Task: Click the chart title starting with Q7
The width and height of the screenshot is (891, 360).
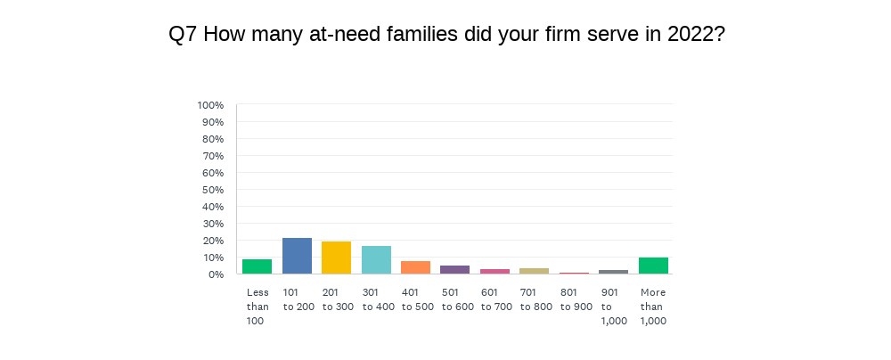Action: (x=445, y=35)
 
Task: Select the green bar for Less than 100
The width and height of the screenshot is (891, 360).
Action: (x=257, y=266)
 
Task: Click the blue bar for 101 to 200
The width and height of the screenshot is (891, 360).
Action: (x=297, y=256)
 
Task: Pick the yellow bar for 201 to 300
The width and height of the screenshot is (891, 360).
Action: (x=337, y=258)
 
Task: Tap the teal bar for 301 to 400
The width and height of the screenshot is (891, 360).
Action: (x=376, y=259)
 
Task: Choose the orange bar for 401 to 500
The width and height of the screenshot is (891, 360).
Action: (x=416, y=267)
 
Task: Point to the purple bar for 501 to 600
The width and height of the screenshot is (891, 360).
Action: (x=455, y=269)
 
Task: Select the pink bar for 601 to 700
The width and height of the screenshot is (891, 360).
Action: (x=495, y=271)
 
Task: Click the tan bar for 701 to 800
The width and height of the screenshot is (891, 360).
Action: (x=535, y=271)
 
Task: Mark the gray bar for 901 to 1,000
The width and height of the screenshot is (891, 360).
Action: (x=614, y=272)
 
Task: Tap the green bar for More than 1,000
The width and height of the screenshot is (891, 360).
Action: (x=653, y=266)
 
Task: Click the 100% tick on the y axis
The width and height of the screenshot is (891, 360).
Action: (x=210, y=105)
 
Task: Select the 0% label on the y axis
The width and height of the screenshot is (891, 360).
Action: (x=216, y=274)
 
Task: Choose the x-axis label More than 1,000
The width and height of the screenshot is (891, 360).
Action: (x=653, y=307)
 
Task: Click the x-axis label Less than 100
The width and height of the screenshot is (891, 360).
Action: (x=257, y=307)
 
